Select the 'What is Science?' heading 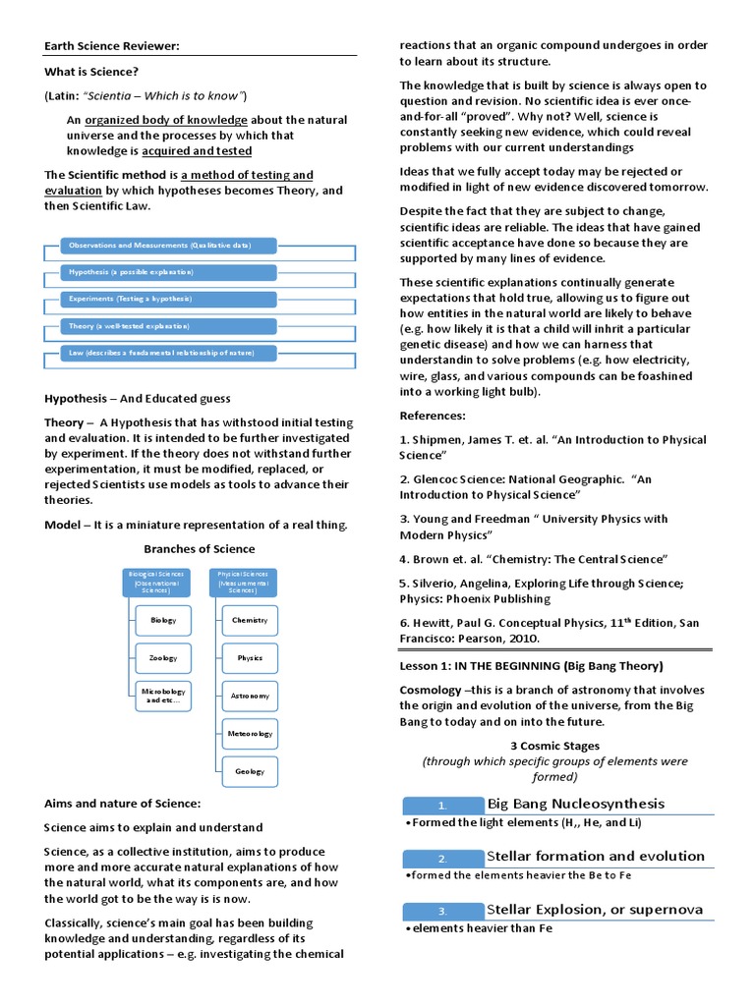click(91, 72)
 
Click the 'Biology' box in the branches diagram click(163, 621)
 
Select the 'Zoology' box click(163, 658)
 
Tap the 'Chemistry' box click(250, 621)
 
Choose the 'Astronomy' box click(250, 696)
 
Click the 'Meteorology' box click(250, 733)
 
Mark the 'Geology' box click(250, 771)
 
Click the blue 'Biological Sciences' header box click(151, 582)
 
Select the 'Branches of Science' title click(200, 549)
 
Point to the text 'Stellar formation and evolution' click(596, 857)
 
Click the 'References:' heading click(432, 416)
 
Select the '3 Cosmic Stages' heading click(554, 746)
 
